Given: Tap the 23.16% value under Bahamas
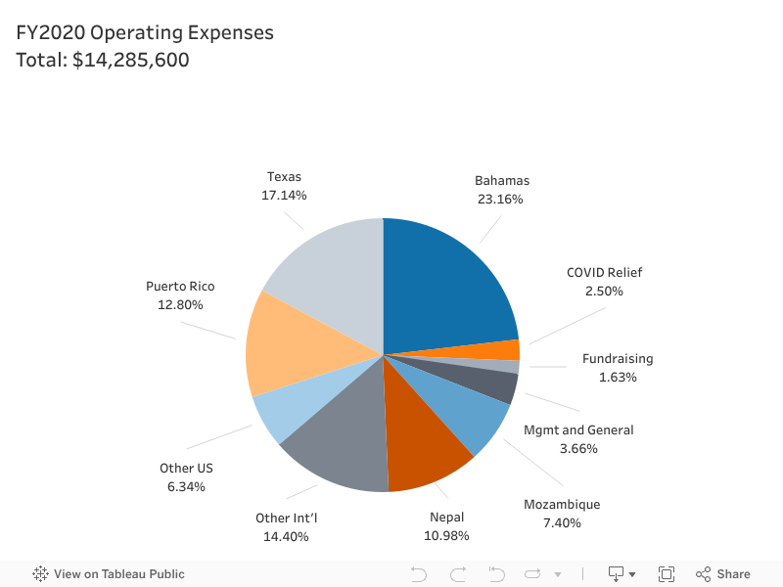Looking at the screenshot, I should [x=501, y=200].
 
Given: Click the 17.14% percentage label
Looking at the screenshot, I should [x=284, y=196].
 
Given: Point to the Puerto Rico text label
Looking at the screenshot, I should [x=180, y=287].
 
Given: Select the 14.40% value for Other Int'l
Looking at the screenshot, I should [x=286, y=536].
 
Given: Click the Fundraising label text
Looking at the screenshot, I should [x=618, y=359].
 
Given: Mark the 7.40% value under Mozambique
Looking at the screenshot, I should [x=561, y=522].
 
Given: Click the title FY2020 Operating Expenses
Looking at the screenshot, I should [x=145, y=32].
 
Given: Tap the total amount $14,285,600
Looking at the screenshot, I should [x=131, y=60].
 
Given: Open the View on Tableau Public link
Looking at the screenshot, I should [x=109, y=574].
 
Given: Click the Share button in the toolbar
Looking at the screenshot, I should [x=723, y=574].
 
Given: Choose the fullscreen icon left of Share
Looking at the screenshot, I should [x=667, y=574].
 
